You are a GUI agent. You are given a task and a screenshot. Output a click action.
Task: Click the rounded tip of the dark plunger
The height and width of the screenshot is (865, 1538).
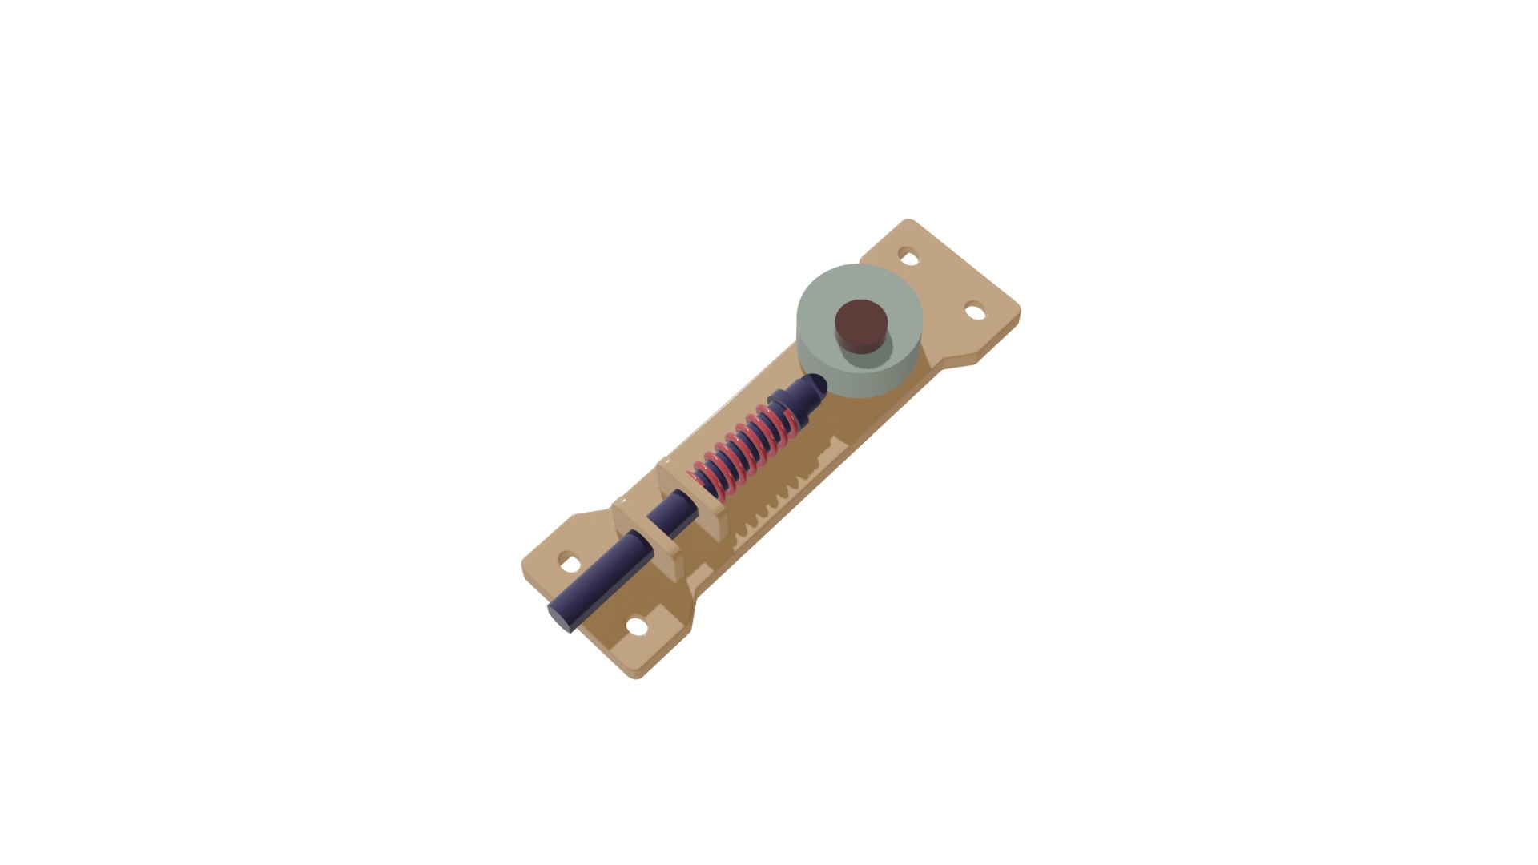coord(815,385)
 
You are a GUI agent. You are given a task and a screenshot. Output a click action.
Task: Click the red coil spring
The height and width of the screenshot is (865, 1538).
coord(741,449)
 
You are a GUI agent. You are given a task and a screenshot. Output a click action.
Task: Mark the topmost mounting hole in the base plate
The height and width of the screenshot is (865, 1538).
coord(908,258)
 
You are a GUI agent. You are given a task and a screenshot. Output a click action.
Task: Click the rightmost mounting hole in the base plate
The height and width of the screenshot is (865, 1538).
coord(975,312)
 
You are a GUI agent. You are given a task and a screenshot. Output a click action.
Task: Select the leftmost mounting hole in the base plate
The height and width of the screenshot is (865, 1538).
coord(570,563)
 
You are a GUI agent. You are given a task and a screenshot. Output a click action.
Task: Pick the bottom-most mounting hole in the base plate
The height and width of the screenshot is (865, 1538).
coord(637,626)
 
